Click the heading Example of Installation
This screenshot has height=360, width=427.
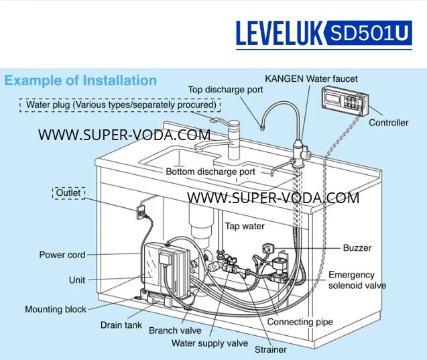click(80, 81)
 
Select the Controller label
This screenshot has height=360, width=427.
click(388, 123)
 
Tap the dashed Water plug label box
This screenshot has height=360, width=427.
click(121, 105)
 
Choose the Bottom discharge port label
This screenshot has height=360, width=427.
click(210, 172)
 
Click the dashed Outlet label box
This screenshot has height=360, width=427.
click(68, 193)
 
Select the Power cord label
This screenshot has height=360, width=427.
click(62, 255)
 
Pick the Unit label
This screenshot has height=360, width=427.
click(76, 280)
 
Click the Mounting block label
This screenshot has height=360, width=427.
click(56, 309)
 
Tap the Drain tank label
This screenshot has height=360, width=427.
click(121, 324)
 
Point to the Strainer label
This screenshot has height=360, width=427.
click(270, 349)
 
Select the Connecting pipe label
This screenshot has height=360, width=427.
click(300, 322)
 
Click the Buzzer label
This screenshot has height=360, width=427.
click(357, 247)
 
